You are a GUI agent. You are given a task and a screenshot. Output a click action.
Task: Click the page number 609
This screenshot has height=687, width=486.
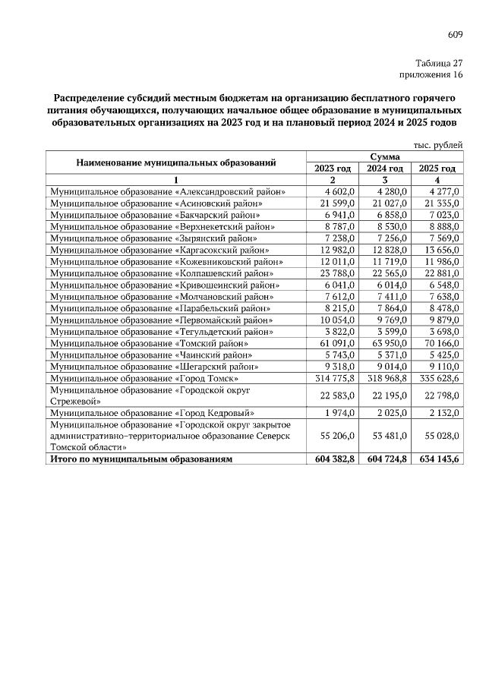tap(455, 34)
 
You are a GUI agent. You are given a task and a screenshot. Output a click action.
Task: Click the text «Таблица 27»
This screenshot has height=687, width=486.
tap(439, 64)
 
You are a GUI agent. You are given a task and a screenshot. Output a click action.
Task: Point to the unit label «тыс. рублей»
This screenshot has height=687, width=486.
tap(437, 144)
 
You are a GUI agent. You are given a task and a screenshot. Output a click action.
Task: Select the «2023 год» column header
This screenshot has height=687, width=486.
tap(333, 169)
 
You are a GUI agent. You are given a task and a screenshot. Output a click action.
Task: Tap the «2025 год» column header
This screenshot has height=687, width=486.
tap(437, 169)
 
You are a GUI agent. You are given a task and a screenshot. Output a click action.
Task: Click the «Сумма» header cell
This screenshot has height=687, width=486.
tap(384, 156)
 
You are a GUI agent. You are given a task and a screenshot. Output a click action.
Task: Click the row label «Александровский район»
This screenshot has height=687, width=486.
tap(167, 192)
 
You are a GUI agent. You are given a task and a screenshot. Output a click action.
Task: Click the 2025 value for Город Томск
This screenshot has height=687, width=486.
tap(437, 378)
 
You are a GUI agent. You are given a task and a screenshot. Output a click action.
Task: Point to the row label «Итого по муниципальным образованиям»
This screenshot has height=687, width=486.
tap(140, 459)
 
